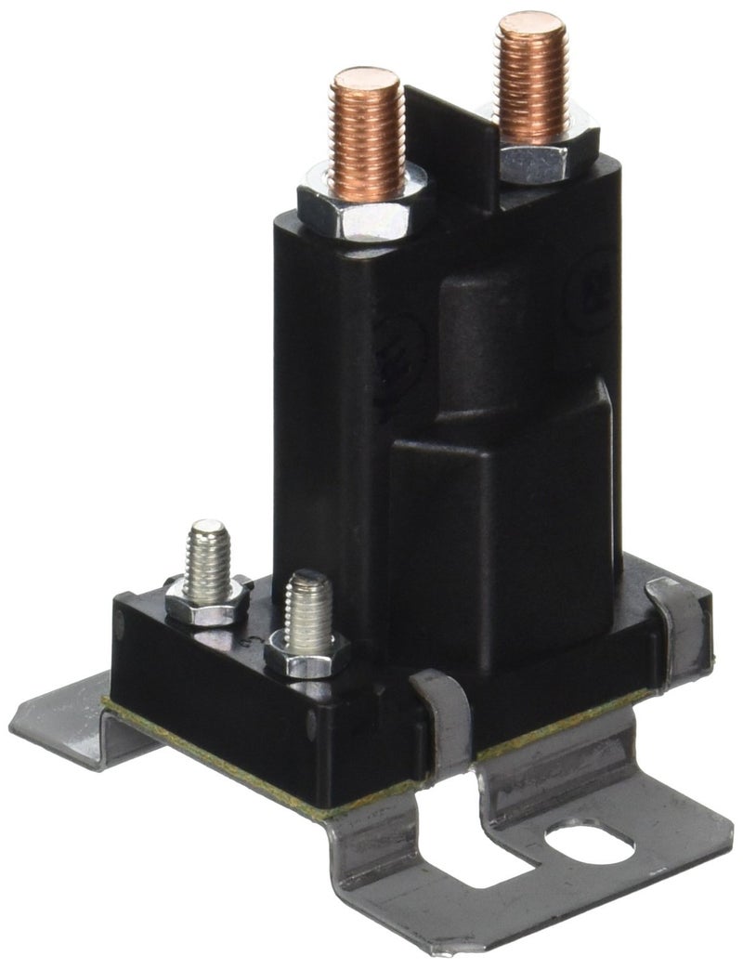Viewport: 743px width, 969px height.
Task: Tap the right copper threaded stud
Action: tap(531, 79)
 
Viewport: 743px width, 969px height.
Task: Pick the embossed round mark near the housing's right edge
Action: tap(588, 297)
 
